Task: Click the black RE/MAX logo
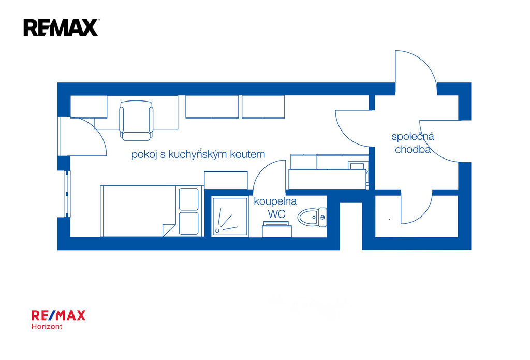coord(61,27)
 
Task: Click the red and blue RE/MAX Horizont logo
coord(58,320)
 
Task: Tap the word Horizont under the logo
coord(47,326)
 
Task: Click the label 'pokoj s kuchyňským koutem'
coord(198,155)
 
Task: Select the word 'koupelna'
coord(275,201)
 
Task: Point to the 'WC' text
coord(276,214)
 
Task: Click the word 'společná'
coord(413,137)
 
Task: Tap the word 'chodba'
coord(413,149)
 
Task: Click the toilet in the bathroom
coord(312,217)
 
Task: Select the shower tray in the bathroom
coord(230,217)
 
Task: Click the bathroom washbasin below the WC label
coord(277,229)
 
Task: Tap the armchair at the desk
coord(136,121)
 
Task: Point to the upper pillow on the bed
coord(188,199)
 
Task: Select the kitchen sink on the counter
coord(356,165)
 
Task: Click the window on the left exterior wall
coord(67,194)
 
